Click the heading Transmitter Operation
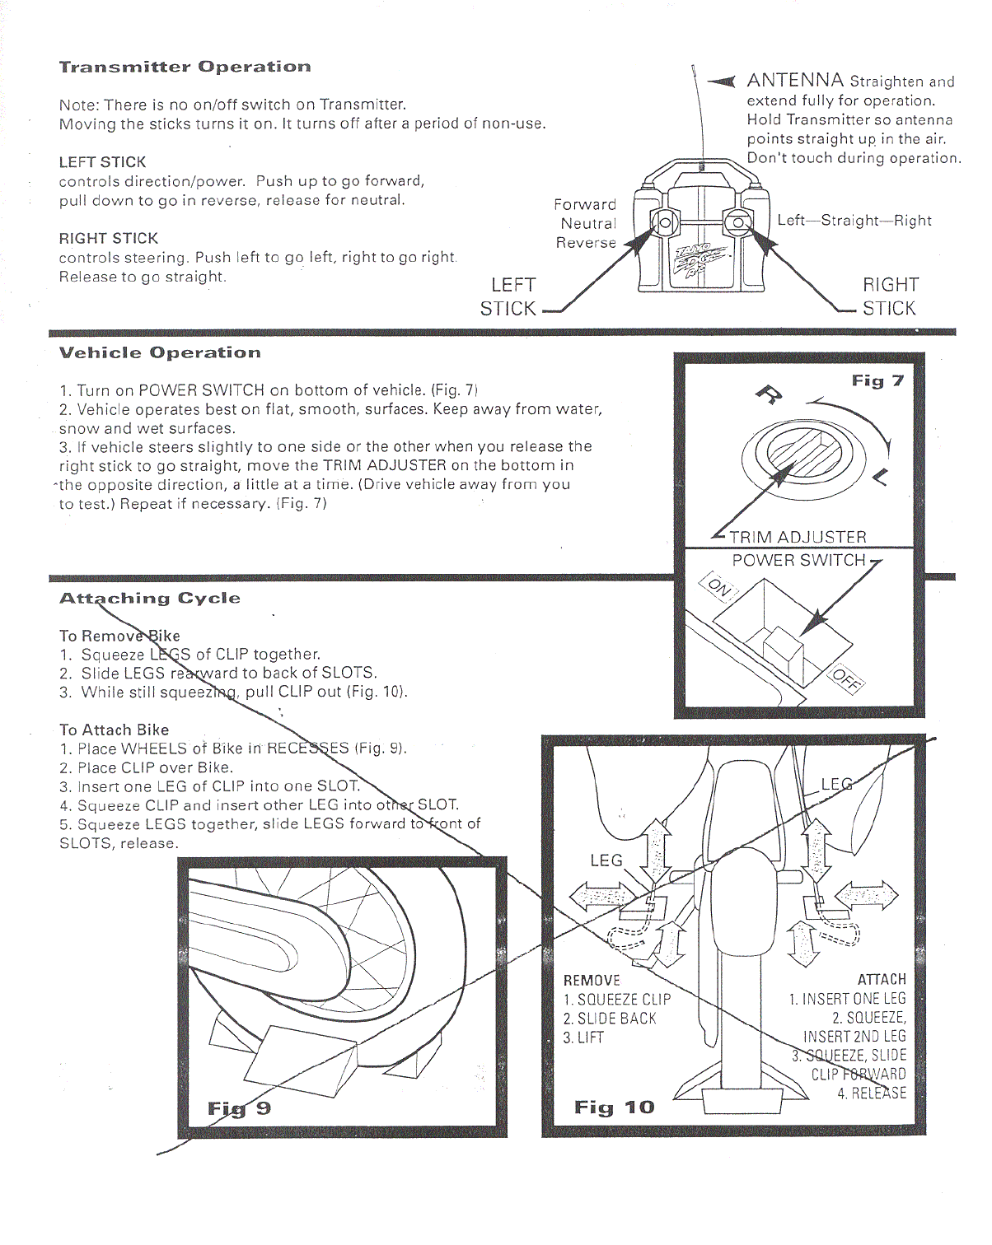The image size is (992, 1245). point(185,68)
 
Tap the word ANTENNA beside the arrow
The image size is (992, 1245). point(794,81)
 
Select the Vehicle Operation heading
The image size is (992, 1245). point(160,353)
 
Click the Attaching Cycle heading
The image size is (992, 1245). point(150,599)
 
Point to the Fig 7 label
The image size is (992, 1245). point(877,380)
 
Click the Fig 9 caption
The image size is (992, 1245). point(239,1108)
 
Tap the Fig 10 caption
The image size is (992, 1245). point(614,1107)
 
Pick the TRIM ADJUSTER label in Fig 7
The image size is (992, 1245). point(798,537)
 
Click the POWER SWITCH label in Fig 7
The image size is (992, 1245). point(798,561)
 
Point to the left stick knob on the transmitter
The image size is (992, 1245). point(664,223)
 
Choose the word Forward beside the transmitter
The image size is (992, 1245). point(584,205)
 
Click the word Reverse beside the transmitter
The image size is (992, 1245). point(586,243)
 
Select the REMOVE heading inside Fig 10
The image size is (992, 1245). point(592,981)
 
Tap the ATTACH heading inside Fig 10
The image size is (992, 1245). point(881,980)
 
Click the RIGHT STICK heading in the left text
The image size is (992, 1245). point(108,239)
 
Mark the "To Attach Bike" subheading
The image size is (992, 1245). point(114,730)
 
